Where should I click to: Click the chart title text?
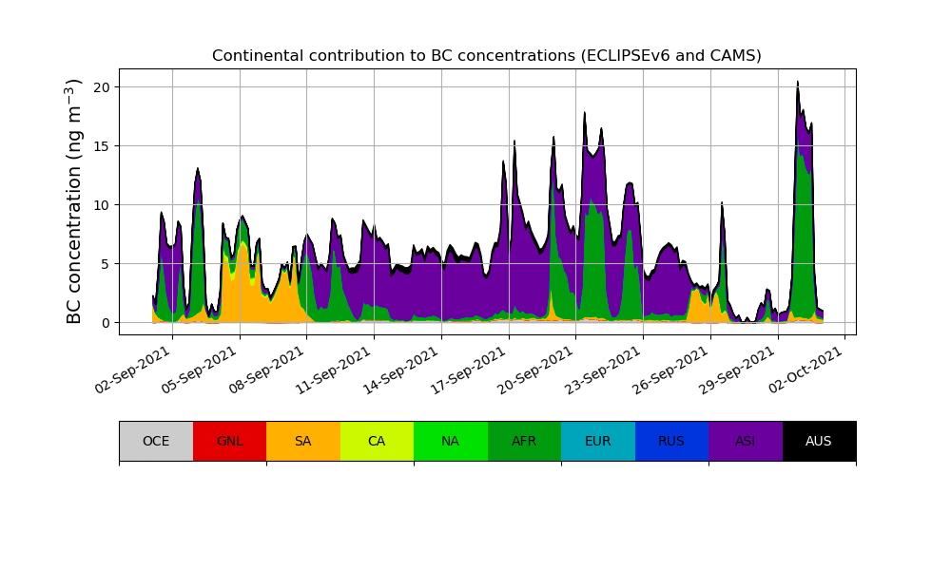point(486,56)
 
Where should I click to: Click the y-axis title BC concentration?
point(74,201)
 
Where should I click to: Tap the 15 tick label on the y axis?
point(103,146)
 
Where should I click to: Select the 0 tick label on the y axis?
point(107,323)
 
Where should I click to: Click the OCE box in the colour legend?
point(156,441)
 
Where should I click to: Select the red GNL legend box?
point(229,441)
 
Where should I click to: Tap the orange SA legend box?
point(303,441)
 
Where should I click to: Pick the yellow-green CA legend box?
point(377,441)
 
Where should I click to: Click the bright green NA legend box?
point(451,441)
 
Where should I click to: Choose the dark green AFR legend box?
point(524,441)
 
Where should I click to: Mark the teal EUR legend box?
point(598,441)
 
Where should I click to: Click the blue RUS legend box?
point(671,441)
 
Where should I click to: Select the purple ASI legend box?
point(746,441)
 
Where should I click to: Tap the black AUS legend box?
point(819,441)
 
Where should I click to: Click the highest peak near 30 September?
point(798,83)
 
